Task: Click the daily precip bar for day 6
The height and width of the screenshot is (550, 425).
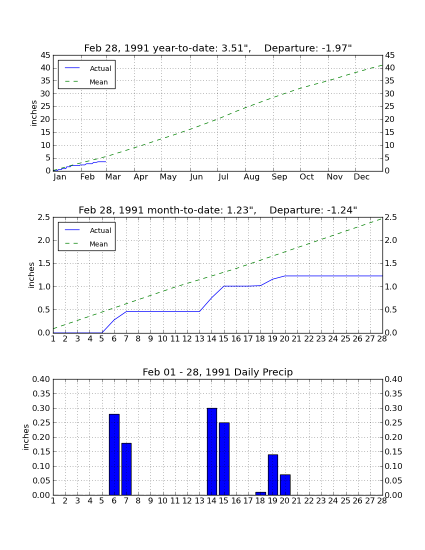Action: tap(114, 454)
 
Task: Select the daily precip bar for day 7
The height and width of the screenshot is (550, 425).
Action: tap(126, 469)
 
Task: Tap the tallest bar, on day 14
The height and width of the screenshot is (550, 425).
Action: tap(212, 452)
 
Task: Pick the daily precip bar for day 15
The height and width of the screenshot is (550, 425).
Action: tap(224, 459)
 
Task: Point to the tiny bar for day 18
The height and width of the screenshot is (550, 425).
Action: tap(260, 493)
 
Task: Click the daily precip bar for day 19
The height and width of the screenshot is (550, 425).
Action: tap(273, 475)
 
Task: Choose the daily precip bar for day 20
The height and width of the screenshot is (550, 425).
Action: tap(285, 485)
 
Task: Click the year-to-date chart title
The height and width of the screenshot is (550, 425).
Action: tap(218, 48)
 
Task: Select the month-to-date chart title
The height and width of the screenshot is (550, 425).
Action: tap(218, 210)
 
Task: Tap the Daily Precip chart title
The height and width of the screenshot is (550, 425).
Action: tap(218, 372)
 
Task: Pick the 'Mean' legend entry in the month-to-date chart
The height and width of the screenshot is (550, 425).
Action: tap(86, 244)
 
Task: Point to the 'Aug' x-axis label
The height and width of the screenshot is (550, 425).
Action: tap(252, 177)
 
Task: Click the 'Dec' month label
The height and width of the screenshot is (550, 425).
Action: tap(361, 177)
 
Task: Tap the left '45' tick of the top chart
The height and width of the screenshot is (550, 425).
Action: tap(45, 55)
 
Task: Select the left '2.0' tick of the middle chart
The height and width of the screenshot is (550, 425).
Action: tap(44, 240)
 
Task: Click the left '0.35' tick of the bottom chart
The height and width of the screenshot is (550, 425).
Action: tap(41, 394)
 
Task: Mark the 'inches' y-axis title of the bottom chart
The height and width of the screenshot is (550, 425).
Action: tap(26, 437)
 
